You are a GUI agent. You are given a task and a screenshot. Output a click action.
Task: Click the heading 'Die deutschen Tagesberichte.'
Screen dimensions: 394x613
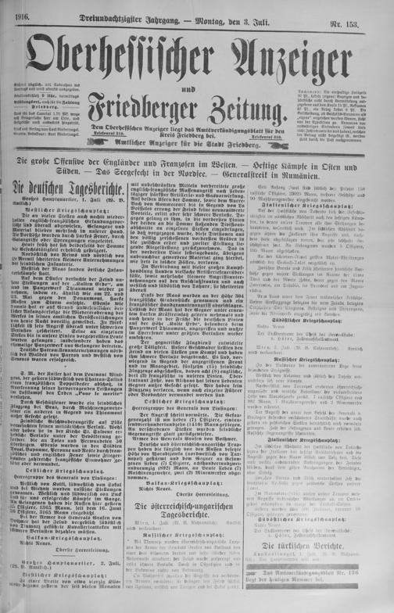64,190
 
